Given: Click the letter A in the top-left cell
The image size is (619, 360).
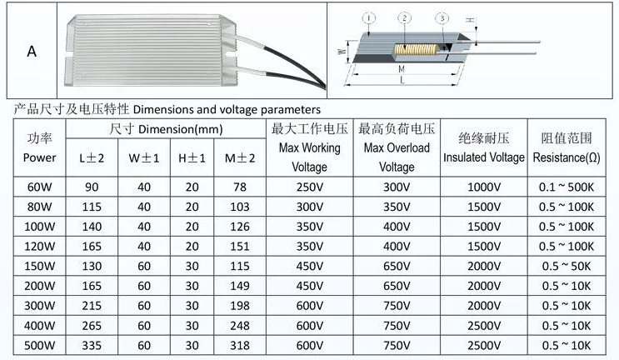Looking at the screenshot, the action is [32, 51].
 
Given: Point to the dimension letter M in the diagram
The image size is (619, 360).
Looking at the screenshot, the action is [402, 68].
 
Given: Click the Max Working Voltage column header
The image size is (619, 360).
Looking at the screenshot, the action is [309, 147].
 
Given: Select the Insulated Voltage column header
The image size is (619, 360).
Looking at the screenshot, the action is [484, 157].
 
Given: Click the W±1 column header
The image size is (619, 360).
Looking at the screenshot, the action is [140, 157].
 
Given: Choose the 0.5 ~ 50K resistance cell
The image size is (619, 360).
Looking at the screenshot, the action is [566, 266].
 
